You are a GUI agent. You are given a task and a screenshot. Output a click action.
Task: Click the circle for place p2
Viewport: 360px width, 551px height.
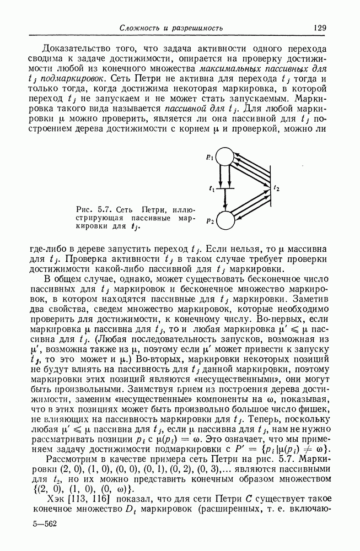(225, 220)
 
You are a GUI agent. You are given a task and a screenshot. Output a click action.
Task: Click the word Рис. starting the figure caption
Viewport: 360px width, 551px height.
(84, 209)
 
